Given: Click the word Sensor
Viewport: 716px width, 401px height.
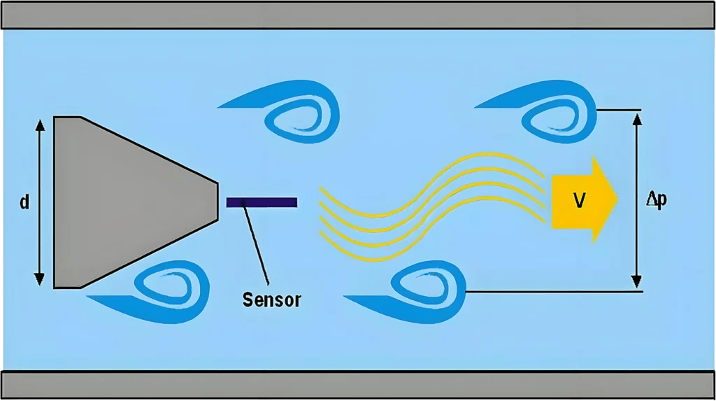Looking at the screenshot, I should tap(271, 300).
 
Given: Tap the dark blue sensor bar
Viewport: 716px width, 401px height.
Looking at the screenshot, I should tap(262, 202).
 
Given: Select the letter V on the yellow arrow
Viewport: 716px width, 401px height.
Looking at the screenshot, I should tap(579, 201).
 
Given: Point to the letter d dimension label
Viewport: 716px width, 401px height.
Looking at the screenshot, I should tap(24, 203).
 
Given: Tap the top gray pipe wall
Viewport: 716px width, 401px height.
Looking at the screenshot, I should tap(358, 15).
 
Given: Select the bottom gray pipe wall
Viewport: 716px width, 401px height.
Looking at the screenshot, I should tap(358, 385).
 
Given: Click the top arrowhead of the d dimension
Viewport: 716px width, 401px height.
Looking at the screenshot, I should tap(40, 125).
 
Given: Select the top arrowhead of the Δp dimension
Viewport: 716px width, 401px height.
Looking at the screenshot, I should tap(636, 118).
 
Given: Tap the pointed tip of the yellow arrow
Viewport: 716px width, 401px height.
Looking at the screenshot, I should tap(616, 200).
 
